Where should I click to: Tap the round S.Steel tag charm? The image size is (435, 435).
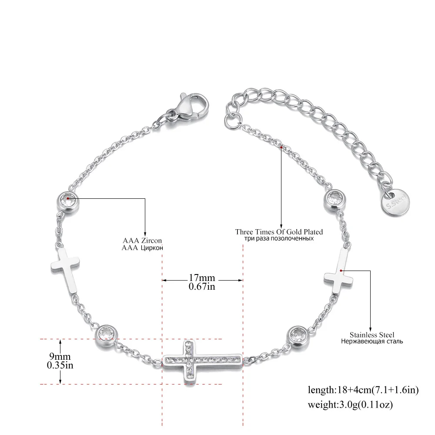click(x=395, y=203)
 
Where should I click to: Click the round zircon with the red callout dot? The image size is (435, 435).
click(x=68, y=201)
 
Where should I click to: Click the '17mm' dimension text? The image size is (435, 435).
click(x=202, y=278)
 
